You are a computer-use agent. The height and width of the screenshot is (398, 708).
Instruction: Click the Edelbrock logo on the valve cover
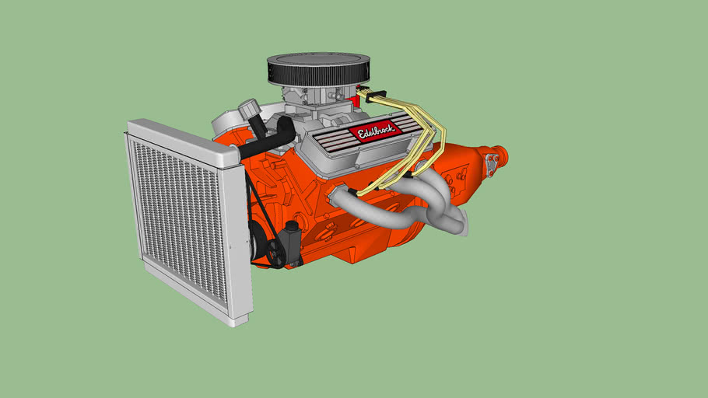pyautogui.click(x=375, y=131)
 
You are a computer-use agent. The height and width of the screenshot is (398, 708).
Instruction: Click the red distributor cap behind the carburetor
pyautogui.click(x=360, y=98)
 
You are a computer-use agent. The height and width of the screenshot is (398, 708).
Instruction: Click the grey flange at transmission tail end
pyautogui.click(x=492, y=163)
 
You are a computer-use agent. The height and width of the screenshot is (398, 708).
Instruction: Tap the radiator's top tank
pyautogui.click(x=183, y=142)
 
